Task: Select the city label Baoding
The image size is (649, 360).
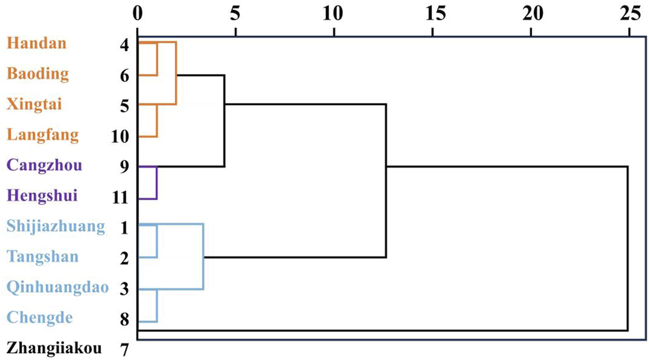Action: pyautogui.click(x=38, y=74)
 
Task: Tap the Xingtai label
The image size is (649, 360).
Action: pyautogui.click(x=35, y=105)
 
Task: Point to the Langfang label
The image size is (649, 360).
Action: pyautogui.click(x=42, y=135)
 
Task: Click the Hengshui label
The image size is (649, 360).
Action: pyautogui.click(x=42, y=196)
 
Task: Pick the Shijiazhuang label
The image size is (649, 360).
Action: pyautogui.click(x=56, y=227)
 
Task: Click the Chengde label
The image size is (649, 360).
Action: pyautogui.click(x=39, y=318)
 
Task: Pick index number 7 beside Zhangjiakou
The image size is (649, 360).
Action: pyautogui.click(x=125, y=349)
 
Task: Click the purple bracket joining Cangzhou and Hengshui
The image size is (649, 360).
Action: pyautogui.click(x=157, y=182)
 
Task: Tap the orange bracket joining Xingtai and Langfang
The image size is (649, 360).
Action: pyautogui.click(x=157, y=120)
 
